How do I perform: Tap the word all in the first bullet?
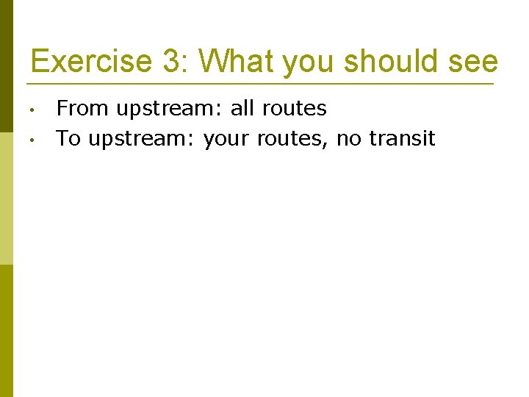(241, 109)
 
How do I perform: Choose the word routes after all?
(292, 110)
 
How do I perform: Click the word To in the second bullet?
(69, 138)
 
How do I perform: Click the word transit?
(403, 138)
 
